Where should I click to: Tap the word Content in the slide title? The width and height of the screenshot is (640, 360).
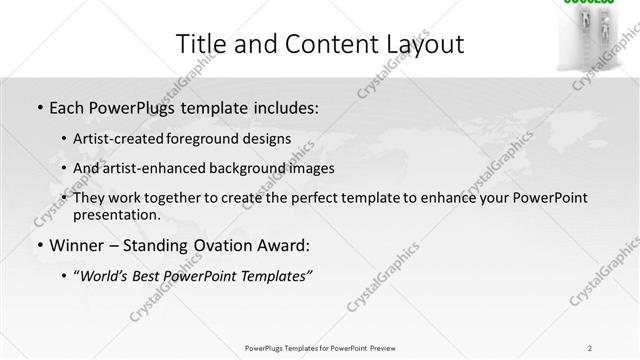317,44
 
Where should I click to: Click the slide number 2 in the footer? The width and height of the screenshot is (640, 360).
590,347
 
